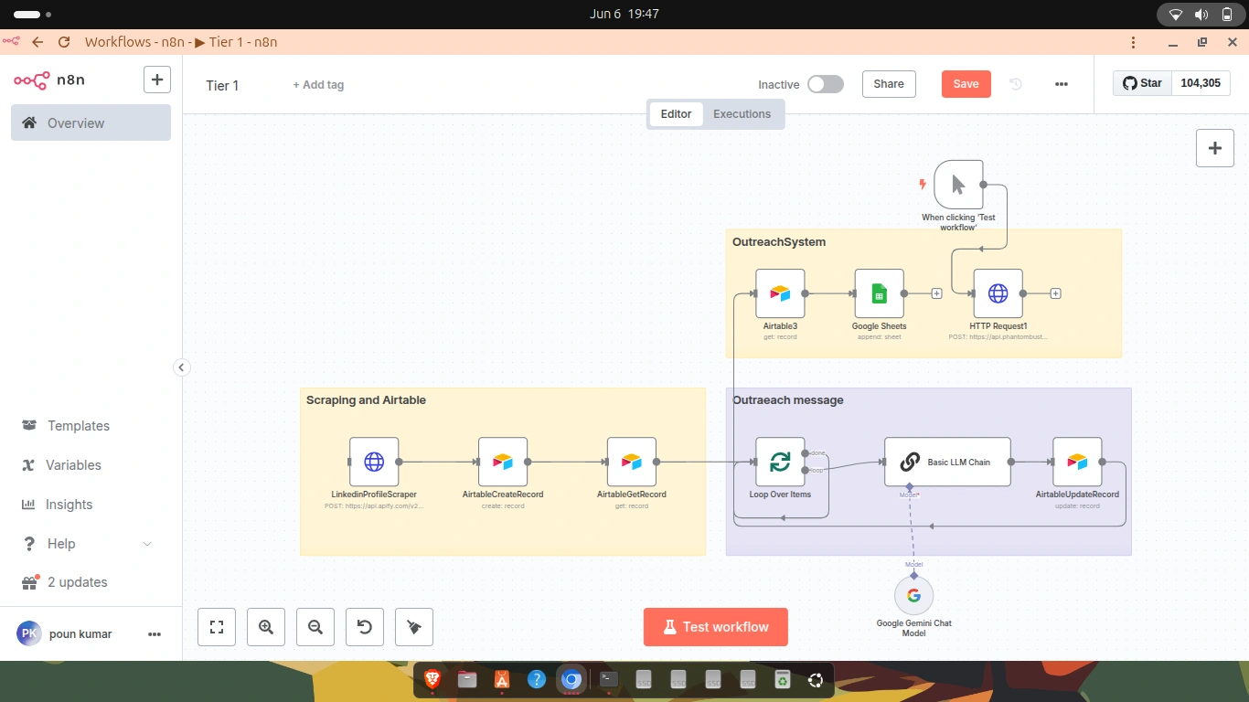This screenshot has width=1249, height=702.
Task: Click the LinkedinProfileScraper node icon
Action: tap(374, 462)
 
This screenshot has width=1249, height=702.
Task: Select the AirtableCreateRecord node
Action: tap(503, 462)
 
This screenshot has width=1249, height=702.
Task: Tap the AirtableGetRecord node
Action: tap(632, 462)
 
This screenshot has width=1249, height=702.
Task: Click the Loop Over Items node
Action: tap(780, 462)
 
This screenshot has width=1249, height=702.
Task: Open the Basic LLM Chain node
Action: tap(947, 462)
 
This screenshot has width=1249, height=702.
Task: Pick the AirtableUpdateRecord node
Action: tap(1077, 462)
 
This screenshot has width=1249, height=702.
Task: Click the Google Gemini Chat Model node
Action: tap(913, 596)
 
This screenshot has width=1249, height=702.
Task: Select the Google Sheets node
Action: tap(879, 293)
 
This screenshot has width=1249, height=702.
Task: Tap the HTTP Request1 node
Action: tap(998, 293)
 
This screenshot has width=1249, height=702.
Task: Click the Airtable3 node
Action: tap(780, 293)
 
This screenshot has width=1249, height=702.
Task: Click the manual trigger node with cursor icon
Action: tap(958, 185)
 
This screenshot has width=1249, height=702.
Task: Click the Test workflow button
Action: tap(716, 627)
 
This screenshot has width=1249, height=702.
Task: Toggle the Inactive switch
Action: tap(825, 84)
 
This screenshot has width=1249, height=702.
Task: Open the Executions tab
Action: tap(742, 114)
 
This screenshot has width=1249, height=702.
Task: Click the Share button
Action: tap(889, 84)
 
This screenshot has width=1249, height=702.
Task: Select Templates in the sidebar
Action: tap(79, 426)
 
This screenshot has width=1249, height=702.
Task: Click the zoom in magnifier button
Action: tap(266, 627)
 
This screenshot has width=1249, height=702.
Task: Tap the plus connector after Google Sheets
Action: tap(937, 293)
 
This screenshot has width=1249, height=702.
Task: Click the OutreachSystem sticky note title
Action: tap(779, 242)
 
